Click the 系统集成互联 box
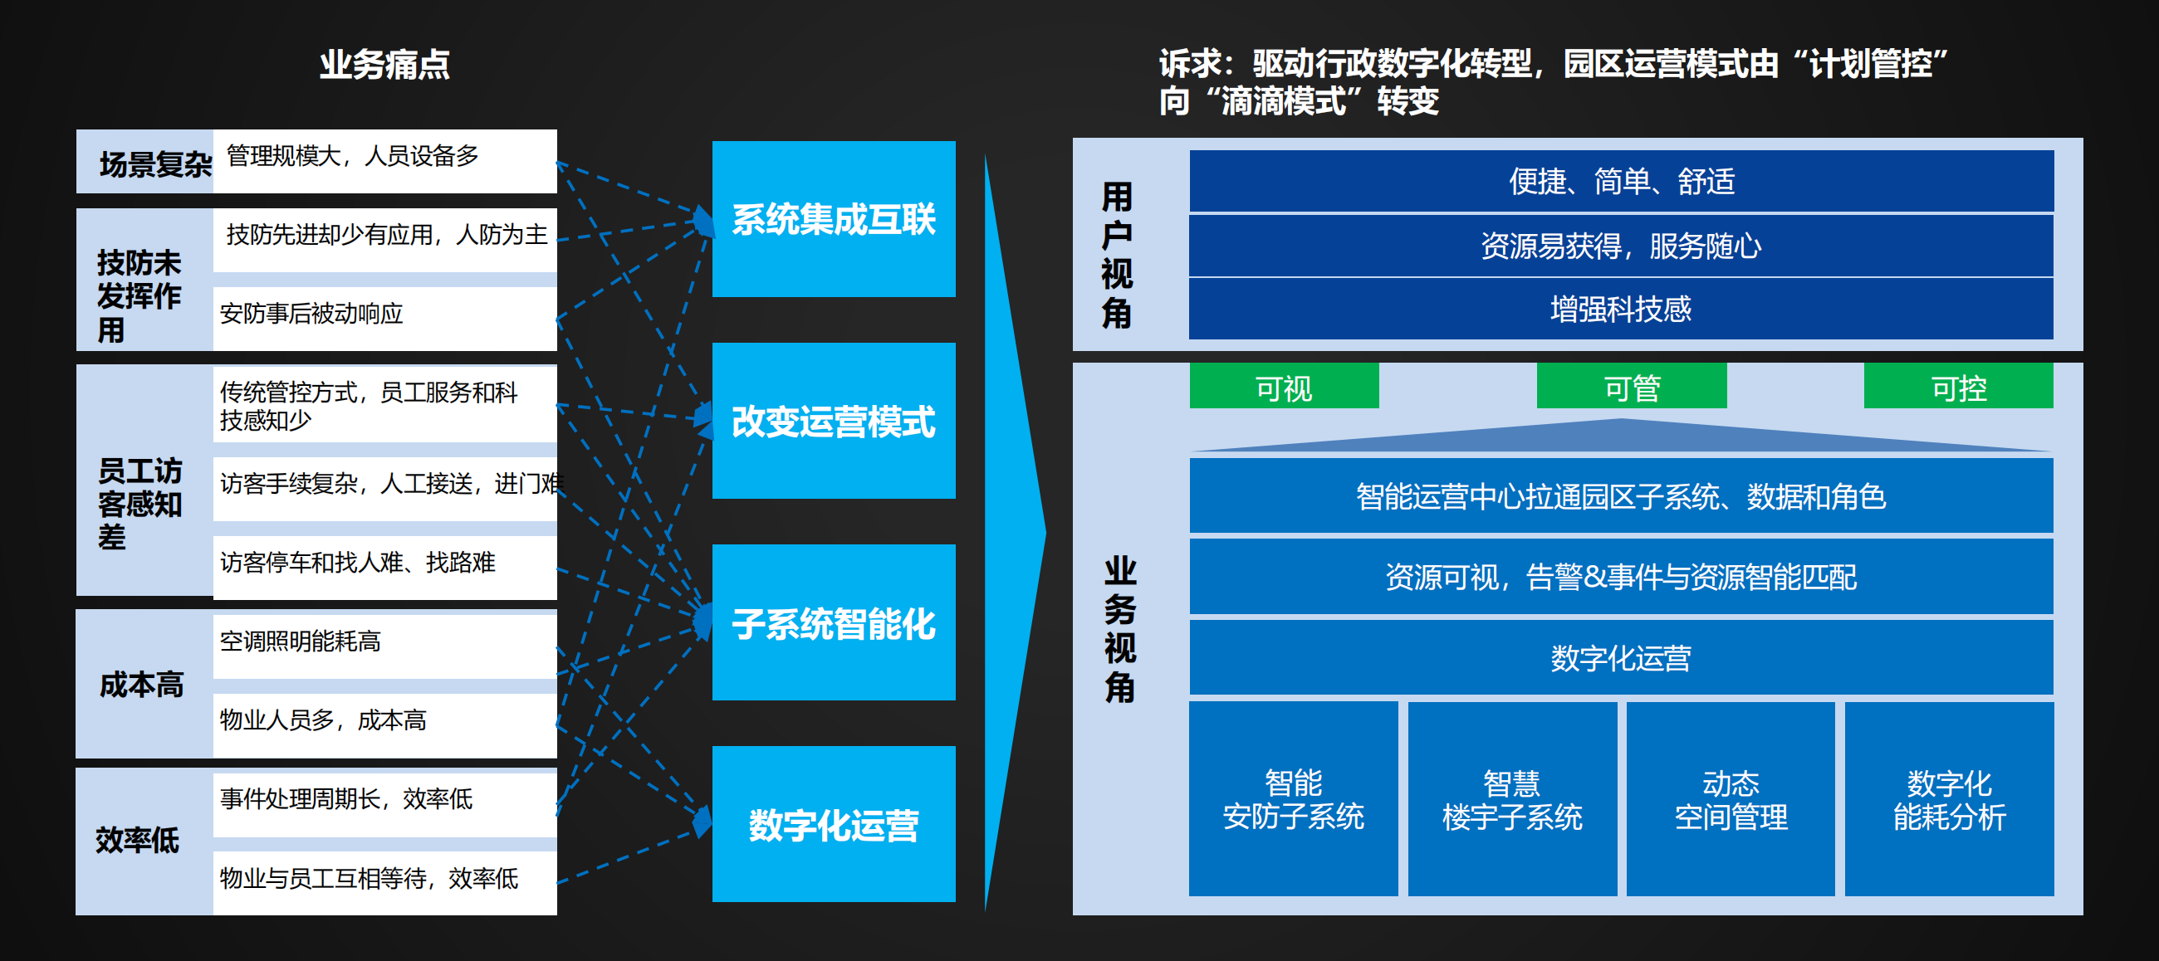click(x=833, y=219)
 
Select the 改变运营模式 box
click(x=833, y=421)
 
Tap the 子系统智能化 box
click(x=833, y=622)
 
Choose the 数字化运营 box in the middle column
click(x=833, y=823)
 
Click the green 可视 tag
click(x=1284, y=386)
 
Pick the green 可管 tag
click(x=1632, y=386)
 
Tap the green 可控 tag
click(x=1959, y=386)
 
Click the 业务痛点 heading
click(x=384, y=65)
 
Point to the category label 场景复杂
click(x=156, y=164)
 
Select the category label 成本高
click(x=142, y=685)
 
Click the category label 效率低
click(x=138, y=841)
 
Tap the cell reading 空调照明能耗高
click(x=384, y=641)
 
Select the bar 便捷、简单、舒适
click(x=1622, y=181)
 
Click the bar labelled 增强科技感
click(x=1622, y=310)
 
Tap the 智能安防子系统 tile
click(x=1293, y=798)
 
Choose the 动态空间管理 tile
click(x=1731, y=798)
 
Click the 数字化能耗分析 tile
click(x=1950, y=798)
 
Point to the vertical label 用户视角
click(x=1116, y=255)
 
